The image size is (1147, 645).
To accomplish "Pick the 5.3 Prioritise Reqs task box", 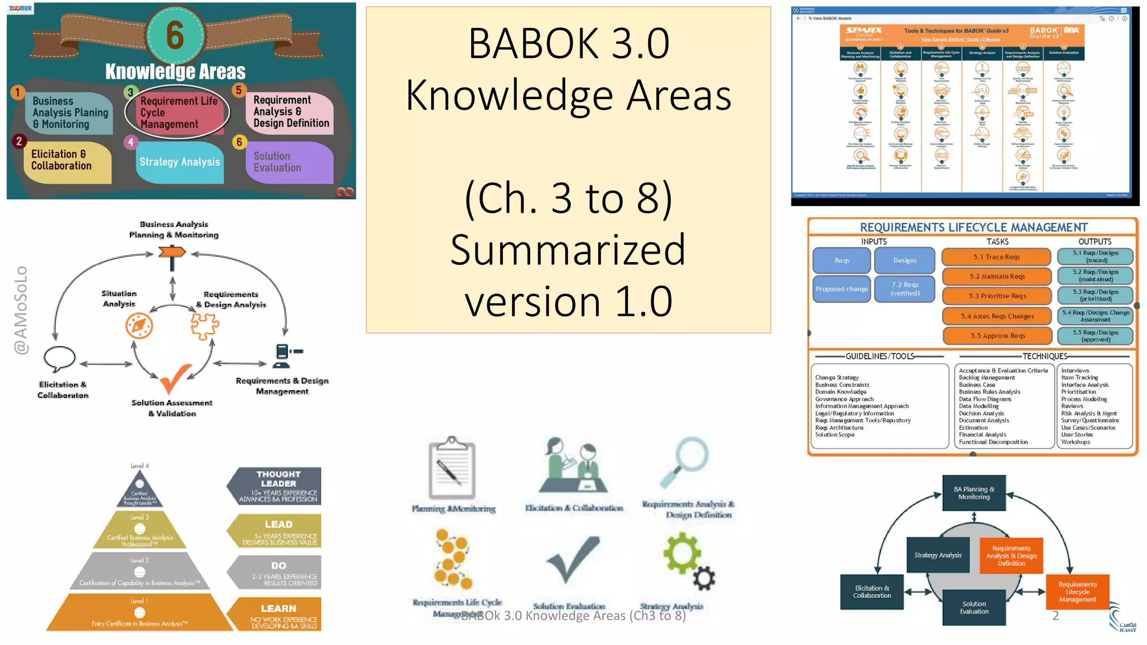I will click(x=997, y=296).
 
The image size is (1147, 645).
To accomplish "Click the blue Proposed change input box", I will click(x=841, y=289).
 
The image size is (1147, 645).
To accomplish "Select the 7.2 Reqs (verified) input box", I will click(x=905, y=289).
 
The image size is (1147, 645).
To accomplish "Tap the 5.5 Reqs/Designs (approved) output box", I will click(x=1095, y=336).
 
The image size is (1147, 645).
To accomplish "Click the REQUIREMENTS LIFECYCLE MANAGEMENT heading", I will click(x=973, y=227).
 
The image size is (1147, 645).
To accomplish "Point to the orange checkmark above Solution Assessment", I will click(x=175, y=378).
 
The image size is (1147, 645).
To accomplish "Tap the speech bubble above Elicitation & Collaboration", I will click(x=59, y=359).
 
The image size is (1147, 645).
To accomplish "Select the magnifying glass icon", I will click(x=686, y=461).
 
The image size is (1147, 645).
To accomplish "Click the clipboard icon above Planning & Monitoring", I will click(x=452, y=468).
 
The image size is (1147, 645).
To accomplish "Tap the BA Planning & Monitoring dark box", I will click(x=974, y=493).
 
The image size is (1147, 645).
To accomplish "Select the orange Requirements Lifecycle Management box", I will click(x=1077, y=592).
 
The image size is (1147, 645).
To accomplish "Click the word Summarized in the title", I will click(x=568, y=250).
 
